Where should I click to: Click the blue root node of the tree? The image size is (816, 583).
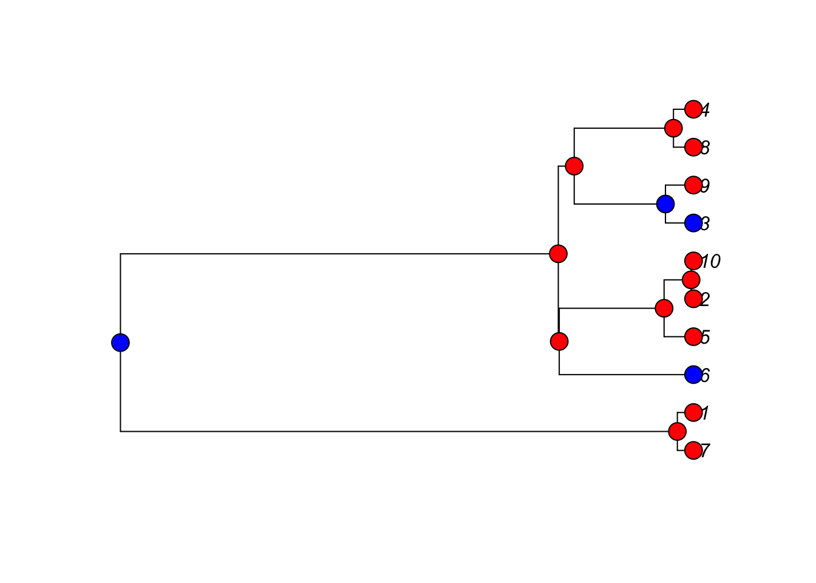[120, 343]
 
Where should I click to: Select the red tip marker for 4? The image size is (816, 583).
[693, 109]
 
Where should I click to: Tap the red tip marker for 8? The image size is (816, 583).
[693, 148]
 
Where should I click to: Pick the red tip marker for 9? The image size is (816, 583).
[693, 185]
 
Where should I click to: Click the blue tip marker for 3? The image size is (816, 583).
[693, 223]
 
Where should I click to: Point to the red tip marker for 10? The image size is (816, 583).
[693, 261]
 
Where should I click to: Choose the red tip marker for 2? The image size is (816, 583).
[693, 299]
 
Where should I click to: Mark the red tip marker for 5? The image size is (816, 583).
[693, 336]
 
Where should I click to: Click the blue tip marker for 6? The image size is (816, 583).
[693, 375]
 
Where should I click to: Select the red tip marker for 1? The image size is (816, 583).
[693, 412]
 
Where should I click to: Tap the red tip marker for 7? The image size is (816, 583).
[693, 451]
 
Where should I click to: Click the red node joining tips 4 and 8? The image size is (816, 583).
[673, 128]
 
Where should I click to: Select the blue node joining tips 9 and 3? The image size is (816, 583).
[665, 204]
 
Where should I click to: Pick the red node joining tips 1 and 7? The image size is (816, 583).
[677, 431]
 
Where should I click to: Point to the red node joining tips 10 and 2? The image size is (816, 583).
[691, 279]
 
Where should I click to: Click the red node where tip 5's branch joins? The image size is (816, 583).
[664, 308]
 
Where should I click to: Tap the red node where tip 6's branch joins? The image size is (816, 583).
[559, 341]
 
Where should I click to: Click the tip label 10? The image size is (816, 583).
[710, 262]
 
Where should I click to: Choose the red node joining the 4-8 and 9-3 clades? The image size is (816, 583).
[574, 165]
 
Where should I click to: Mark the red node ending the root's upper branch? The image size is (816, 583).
[558, 253]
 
